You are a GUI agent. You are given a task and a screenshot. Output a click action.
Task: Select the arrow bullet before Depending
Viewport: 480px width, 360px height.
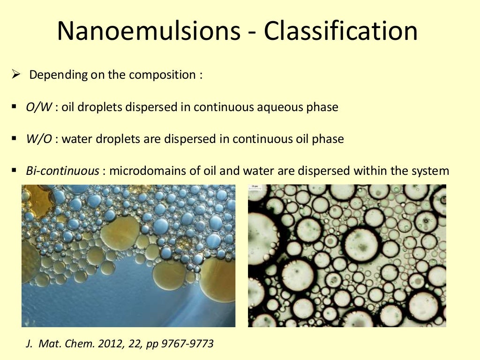click(15, 75)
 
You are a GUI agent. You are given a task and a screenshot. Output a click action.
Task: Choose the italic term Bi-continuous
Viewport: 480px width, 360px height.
click(62, 171)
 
